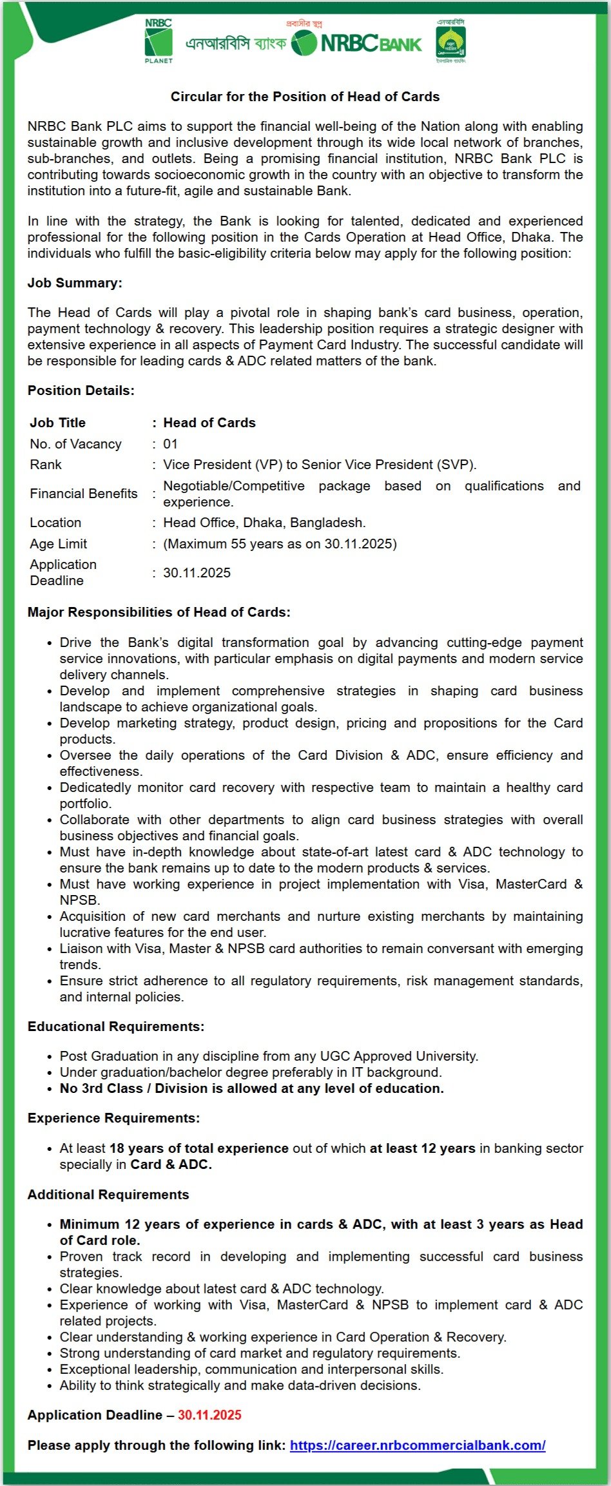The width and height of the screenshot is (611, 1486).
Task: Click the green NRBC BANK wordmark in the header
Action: pyautogui.click(x=371, y=44)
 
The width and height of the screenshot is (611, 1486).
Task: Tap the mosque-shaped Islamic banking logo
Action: pyautogui.click(x=451, y=42)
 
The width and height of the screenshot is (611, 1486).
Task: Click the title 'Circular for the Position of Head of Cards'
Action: pyautogui.click(x=305, y=97)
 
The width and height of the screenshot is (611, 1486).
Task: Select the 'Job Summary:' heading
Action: pyautogui.click(x=75, y=283)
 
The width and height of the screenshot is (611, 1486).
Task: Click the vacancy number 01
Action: pyautogui.click(x=170, y=444)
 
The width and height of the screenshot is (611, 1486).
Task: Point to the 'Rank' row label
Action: pyautogui.click(x=46, y=465)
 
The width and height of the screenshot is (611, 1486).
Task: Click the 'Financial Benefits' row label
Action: pyautogui.click(x=84, y=494)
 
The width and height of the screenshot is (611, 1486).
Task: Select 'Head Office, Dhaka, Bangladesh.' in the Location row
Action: pyautogui.click(x=264, y=523)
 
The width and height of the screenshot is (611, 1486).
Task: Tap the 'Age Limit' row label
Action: pyautogui.click(x=59, y=544)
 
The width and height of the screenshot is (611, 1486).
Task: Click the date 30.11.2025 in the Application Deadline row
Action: pyautogui.click(x=197, y=573)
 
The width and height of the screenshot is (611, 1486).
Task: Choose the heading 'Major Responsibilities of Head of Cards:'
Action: pyautogui.click(x=159, y=612)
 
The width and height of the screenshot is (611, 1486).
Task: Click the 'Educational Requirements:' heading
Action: pyautogui.click(x=116, y=1027)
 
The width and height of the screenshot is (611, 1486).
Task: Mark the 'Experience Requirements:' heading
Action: pyautogui.click(x=113, y=1118)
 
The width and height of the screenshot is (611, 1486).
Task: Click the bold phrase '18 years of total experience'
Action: pyautogui.click(x=199, y=1148)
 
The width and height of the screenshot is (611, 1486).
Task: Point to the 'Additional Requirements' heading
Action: pyautogui.click(x=108, y=1195)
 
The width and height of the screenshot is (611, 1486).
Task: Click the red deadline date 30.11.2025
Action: pyautogui.click(x=209, y=1415)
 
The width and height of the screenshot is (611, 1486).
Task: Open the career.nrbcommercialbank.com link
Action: pyautogui.click(x=418, y=1445)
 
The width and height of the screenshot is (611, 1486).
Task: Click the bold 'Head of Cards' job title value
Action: pyautogui.click(x=209, y=423)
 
